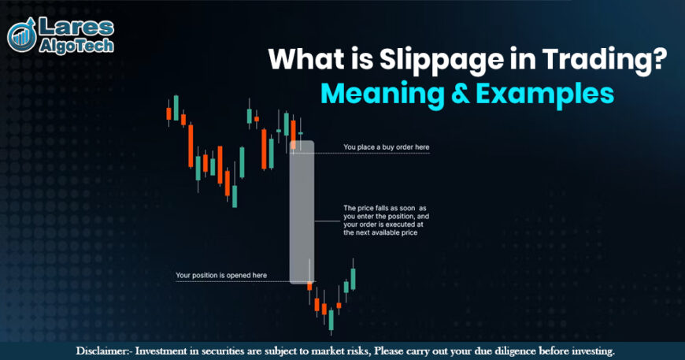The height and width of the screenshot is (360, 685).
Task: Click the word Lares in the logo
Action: (75, 28)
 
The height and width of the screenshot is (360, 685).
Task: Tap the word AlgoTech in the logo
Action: (77, 46)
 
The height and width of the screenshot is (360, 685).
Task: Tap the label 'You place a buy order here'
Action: (386, 147)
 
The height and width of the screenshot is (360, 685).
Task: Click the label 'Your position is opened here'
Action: (221, 276)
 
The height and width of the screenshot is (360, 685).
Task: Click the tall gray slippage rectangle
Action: (302, 213)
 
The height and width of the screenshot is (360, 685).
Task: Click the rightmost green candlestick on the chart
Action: (354, 277)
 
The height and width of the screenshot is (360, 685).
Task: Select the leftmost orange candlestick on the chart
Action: (168, 113)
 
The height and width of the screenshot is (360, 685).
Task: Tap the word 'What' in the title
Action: (298, 61)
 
